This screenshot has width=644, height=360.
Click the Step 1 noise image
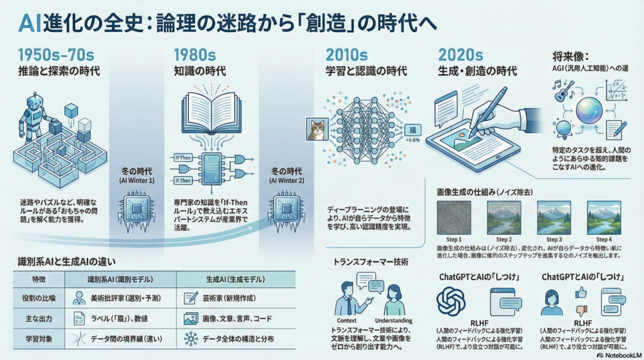point(454,217)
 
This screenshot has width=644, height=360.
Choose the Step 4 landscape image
point(603,217)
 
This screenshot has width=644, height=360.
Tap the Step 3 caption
point(553,240)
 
